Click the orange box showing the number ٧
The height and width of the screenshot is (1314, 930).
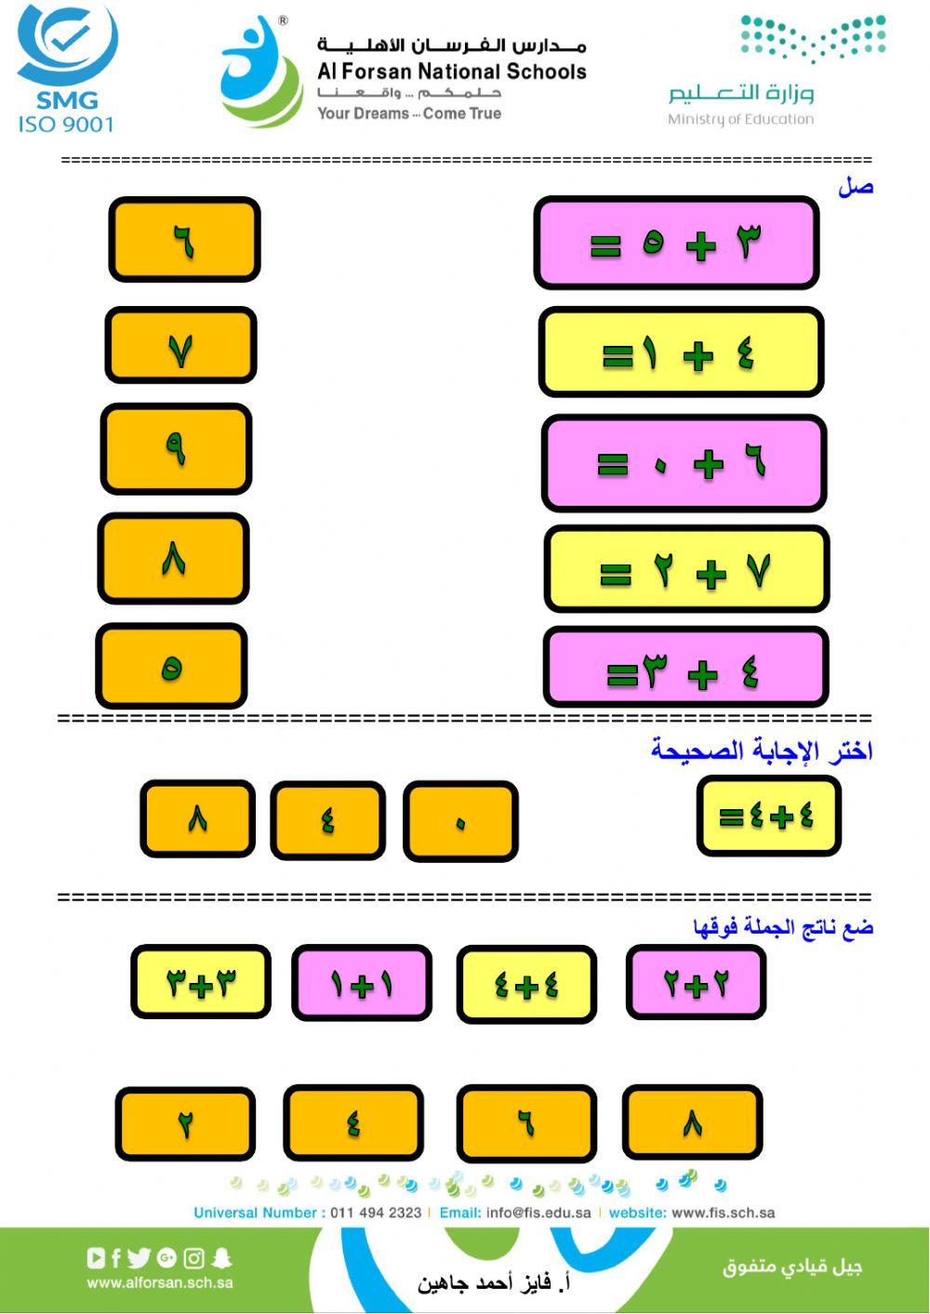point(180,346)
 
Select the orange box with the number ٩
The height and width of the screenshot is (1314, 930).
point(176,449)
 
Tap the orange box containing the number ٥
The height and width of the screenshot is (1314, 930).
point(171,666)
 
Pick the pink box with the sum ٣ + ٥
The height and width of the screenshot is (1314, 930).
point(676,243)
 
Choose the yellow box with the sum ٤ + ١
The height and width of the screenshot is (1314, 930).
point(681,352)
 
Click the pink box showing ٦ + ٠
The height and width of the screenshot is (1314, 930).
point(684,463)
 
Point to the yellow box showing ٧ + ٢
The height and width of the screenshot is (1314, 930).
point(686,570)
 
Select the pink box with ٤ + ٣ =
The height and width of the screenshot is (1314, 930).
point(686,667)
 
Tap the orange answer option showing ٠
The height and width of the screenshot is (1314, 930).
point(460,821)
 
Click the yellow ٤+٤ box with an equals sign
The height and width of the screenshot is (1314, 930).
point(768,816)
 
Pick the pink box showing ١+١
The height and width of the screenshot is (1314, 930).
point(362,983)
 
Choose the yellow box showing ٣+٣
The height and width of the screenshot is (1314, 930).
point(201,981)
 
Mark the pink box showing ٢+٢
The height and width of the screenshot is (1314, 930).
point(696,983)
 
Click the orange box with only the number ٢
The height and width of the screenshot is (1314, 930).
point(185,1123)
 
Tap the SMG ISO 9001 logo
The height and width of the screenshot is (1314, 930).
point(67,68)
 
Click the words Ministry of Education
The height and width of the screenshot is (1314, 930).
point(740,119)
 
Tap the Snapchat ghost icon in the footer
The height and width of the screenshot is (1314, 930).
point(221,1258)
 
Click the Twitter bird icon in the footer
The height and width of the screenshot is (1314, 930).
point(139,1258)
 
